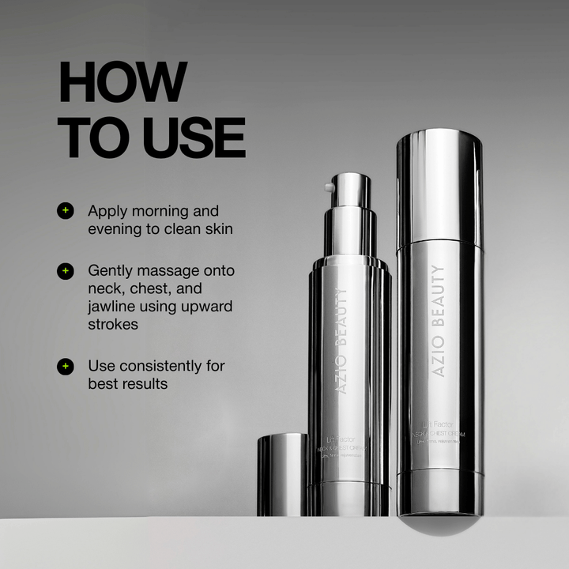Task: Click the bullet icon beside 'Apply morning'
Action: [x=66, y=211]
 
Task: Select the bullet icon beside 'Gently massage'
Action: [x=66, y=270]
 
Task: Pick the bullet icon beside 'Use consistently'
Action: [x=66, y=366]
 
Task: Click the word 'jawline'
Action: [x=113, y=307]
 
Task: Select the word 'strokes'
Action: [x=114, y=325]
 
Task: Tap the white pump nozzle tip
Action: [x=328, y=188]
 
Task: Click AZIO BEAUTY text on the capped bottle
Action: [x=439, y=320]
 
